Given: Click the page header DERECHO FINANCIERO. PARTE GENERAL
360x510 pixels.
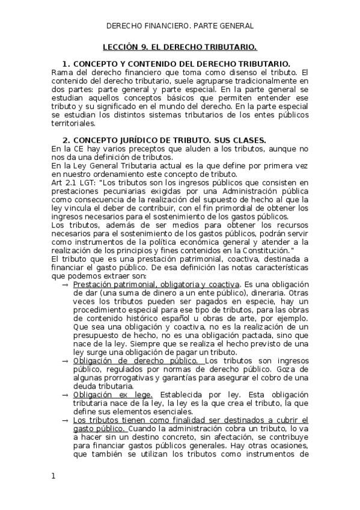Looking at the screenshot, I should tap(180, 26).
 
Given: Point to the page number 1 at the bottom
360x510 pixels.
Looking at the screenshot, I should tap(53, 476).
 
